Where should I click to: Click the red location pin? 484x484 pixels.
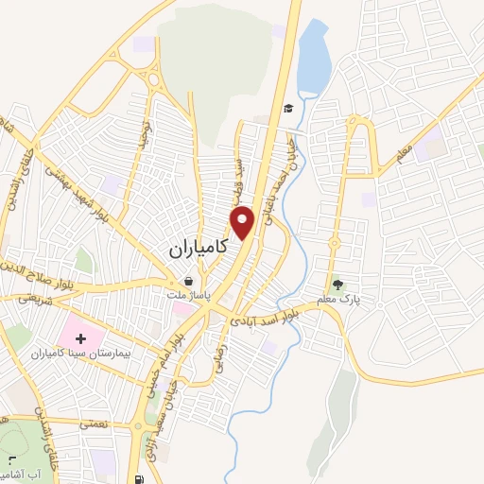(x=244, y=222)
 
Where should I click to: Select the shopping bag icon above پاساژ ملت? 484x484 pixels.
(x=189, y=281)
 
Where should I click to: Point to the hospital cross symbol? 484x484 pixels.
(x=79, y=336)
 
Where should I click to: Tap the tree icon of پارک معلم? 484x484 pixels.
(x=337, y=281)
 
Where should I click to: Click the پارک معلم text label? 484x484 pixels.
(x=338, y=299)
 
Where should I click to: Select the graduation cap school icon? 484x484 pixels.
(x=287, y=108)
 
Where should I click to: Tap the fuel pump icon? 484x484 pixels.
(x=140, y=478)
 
